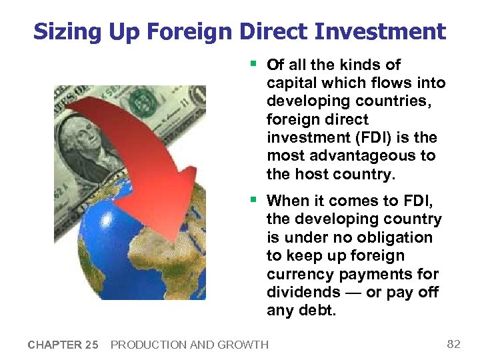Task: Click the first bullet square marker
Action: (x=253, y=64)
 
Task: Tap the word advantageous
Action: (x=364, y=156)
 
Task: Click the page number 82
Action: (x=453, y=344)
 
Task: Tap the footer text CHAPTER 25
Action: (x=63, y=345)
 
